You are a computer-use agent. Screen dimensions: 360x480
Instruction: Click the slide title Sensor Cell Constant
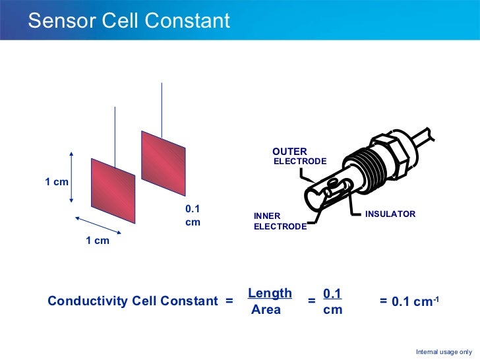tap(129, 20)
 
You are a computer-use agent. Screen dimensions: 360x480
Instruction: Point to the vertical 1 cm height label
tap(57, 181)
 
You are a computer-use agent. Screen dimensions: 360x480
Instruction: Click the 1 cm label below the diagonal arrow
tap(98, 241)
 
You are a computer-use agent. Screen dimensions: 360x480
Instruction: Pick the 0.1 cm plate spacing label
tap(193, 216)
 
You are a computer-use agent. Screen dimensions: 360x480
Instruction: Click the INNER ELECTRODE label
tap(280, 222)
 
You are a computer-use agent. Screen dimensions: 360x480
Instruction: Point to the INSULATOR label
tap(390, 214)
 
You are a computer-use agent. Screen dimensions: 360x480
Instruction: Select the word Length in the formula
tap(270, 293)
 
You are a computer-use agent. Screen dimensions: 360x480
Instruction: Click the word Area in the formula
tap(266, 309)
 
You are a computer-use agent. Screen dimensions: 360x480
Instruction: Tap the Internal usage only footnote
tap(444, 352)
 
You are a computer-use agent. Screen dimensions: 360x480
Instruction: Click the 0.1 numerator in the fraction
tap(332, 293)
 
